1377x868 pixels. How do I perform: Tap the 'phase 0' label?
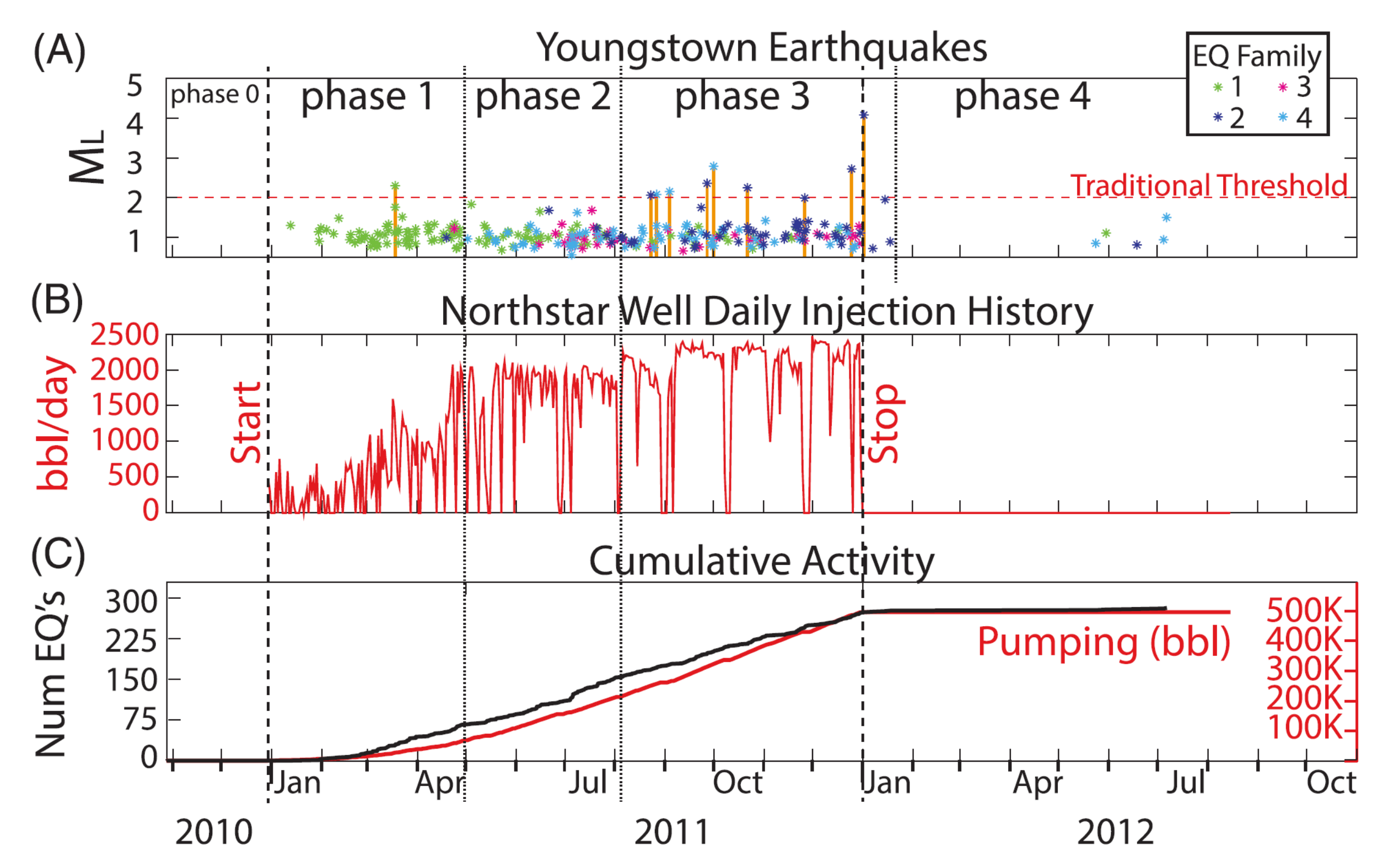click(214, 94)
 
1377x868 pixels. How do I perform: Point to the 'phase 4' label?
click(1023, 96)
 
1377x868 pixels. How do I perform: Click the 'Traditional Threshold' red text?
click(1208, 186)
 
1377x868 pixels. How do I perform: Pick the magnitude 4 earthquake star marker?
click(863, 116)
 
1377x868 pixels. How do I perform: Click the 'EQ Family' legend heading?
click(1256, 57)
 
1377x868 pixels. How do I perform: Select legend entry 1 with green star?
click(1227, 87)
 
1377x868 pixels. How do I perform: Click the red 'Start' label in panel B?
click(246, 422)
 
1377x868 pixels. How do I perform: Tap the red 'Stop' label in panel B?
click(884, 423)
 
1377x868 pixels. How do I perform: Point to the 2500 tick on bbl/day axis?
click(124, 335)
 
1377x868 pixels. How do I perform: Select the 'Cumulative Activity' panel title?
click(761, 561)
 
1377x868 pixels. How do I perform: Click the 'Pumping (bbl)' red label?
click(1104, 642)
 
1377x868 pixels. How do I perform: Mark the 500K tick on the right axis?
click(1303, 610)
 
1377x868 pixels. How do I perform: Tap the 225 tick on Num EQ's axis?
click(131, 641)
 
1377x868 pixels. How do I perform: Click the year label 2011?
click(672, 832)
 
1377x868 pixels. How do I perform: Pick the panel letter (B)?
click(57, 300)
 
